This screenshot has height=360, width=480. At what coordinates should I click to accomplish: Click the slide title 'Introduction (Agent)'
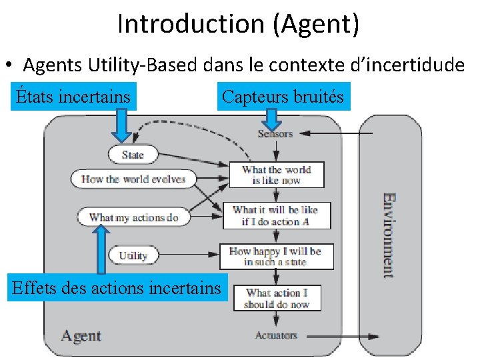[239, 24]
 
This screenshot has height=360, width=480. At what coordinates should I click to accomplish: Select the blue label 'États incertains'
[73, 97]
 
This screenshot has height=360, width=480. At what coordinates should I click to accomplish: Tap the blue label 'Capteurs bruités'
[283, 97]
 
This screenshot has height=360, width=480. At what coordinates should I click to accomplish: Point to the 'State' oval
[133, 155]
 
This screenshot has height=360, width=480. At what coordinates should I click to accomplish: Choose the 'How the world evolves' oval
[133, 179]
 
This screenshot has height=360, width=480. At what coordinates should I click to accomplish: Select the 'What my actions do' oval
[133, 217]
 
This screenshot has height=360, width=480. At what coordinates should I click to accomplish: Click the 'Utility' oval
[133, 255]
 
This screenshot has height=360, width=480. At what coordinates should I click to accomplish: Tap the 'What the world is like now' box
[275, 175]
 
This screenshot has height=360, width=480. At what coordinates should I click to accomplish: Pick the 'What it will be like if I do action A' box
[275, 215]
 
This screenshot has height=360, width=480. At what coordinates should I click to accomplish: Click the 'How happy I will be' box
[275, 256]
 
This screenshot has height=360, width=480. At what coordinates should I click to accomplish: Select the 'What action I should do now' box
[275, 298]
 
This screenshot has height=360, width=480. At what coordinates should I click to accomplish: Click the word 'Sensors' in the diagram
[275, 134]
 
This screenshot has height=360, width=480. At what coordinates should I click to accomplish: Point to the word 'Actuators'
[275, 335]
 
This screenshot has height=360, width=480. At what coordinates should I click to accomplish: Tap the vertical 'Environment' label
[388, 235]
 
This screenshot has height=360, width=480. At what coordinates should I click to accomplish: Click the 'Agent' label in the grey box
[81, 335]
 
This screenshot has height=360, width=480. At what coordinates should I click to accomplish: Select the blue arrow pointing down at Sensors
[271, 118]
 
